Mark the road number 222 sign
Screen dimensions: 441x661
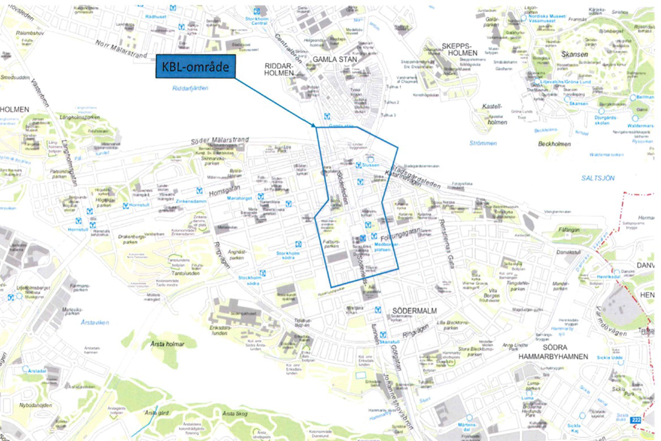[x=636, y=421]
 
